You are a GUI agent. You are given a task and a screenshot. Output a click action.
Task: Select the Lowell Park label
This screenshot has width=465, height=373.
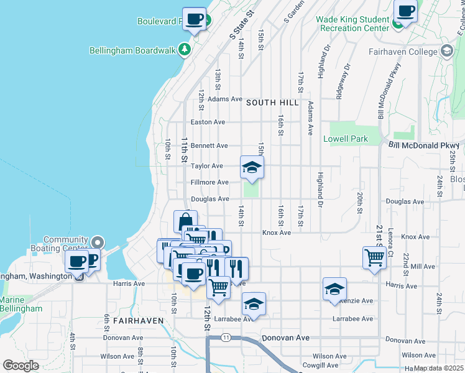(x=346, y=139)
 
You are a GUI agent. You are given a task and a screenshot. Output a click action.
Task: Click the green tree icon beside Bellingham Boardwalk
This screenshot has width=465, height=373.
(x=184, y=49)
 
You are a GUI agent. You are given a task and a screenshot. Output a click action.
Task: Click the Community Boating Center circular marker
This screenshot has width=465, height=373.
(x=98, y=242)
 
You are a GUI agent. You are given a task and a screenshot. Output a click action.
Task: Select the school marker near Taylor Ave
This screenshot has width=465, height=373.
(x=252, y=167)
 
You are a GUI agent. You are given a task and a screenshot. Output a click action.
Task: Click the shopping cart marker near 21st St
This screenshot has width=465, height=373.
(x=374, y=257)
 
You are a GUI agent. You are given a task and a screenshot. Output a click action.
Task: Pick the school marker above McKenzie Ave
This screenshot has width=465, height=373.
(x=334, y=290)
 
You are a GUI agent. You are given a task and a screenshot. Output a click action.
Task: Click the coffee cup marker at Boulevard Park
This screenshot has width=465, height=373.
(x=194, y=19)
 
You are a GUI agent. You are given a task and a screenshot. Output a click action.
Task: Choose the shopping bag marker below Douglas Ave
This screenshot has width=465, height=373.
(x=185, y=222)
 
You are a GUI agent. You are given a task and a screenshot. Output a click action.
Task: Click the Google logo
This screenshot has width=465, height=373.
(x=21, y=366)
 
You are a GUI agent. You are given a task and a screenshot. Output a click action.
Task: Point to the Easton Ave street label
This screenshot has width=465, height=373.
(x=208, y=122)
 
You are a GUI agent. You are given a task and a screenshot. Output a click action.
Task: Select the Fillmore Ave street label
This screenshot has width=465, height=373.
(x=209, y=182)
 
